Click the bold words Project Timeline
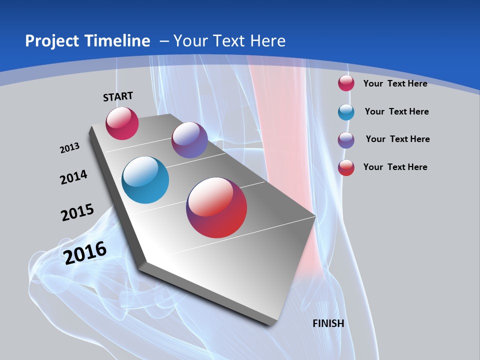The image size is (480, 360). point(87,41)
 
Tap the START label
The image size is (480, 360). point(118,96)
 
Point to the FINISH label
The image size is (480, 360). point(328,323)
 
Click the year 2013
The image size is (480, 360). point(69,148)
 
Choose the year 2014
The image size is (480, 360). point(73,177)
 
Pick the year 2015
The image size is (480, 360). point(77,212)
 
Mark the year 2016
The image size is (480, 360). point(85,252)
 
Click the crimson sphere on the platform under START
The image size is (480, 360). point(122,123)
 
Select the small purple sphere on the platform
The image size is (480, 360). point(189,140)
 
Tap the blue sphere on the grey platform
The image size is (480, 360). point(145,180)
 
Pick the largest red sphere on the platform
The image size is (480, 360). point(216,207)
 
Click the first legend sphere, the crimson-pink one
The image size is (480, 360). point(346,83)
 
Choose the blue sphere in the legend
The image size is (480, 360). point(346,112)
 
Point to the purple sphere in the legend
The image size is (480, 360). point(346,140)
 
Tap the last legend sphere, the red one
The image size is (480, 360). point(346,167)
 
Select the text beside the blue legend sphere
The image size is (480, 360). point(396,111)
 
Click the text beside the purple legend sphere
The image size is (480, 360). point(397,139)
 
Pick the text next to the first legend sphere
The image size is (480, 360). point(395,83)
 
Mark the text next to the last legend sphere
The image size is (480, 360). point(395,167)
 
